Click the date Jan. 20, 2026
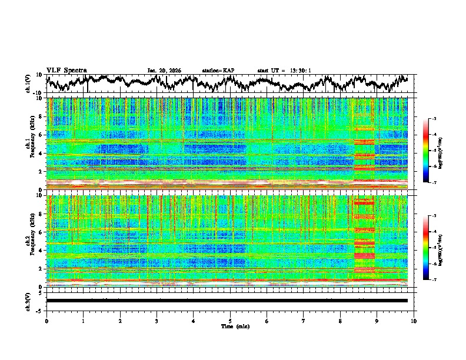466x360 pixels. coord(164,71)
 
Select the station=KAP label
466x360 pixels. coord(218,71)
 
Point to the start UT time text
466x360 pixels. coord(284,71)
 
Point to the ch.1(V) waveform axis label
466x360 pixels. coord(29,84)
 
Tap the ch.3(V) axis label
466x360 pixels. coord(29,301)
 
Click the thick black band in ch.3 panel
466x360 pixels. coord(227,301)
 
